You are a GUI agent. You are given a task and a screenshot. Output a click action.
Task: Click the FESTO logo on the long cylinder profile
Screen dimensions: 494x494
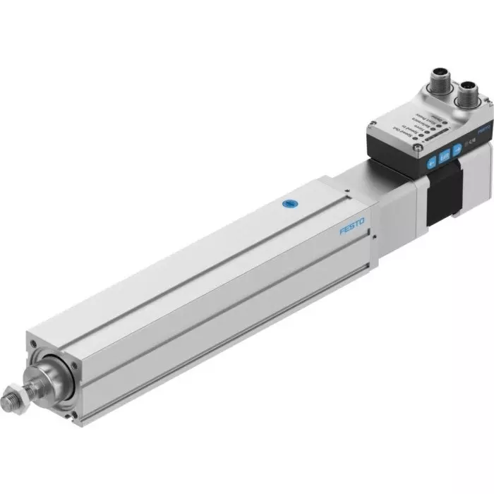pyautogui.click(x=351, y=228)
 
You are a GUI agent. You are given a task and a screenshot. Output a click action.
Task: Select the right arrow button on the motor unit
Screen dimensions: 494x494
pyautogui.click(x=457, y=149)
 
